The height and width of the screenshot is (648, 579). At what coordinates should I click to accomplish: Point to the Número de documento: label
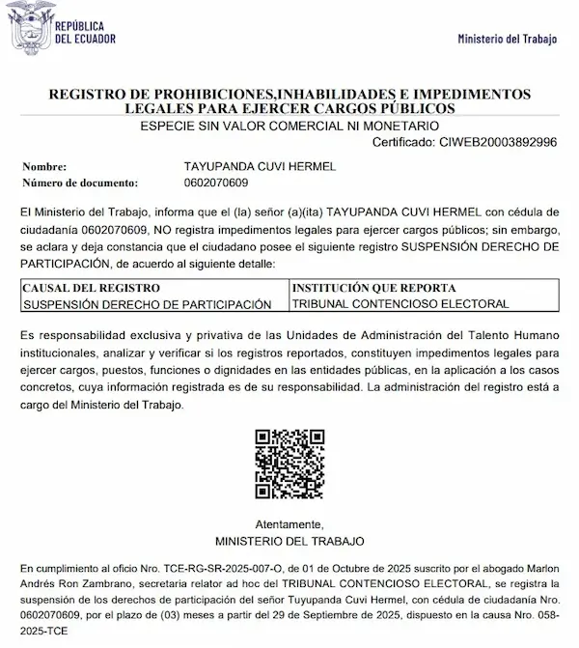point(80,183)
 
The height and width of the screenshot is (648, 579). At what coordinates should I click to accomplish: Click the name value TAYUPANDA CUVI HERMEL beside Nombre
point(260,167)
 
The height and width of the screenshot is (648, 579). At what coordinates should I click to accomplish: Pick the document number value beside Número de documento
point(215,183)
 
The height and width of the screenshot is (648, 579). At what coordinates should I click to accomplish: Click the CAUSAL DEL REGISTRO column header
point(91,288)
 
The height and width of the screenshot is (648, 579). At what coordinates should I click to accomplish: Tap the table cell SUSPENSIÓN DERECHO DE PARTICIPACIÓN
point(146,304)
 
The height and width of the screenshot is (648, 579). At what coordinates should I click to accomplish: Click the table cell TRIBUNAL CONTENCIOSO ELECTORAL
point(400,304)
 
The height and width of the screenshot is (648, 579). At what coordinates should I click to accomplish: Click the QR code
point(289,463)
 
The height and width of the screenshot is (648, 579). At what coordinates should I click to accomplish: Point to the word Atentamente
point(289,522)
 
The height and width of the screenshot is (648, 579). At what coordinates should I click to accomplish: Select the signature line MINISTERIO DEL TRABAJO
point(289,540)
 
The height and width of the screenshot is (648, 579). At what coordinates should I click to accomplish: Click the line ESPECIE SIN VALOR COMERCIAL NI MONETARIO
point(289,127)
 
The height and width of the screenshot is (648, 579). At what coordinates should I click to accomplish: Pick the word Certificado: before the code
point(404,142)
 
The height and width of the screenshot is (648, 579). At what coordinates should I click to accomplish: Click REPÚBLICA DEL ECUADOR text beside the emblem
point(86,32)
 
